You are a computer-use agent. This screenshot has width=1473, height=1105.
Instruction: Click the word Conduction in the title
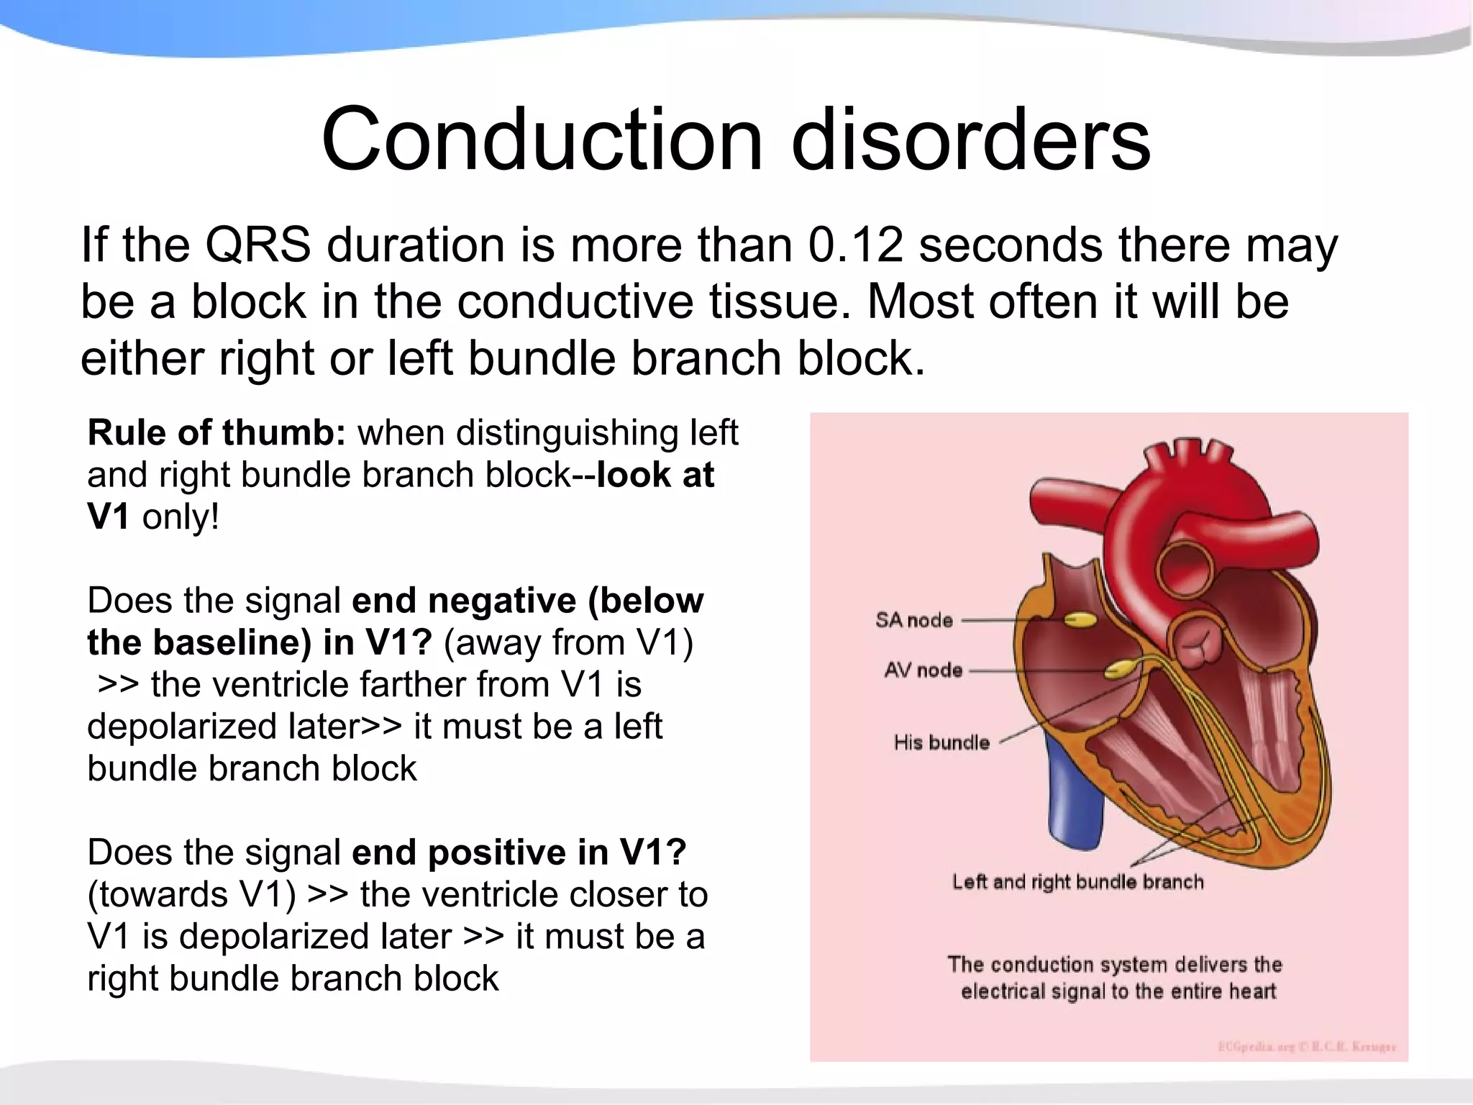point(541,138)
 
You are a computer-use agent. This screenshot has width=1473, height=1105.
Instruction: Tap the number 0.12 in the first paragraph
point(854,245)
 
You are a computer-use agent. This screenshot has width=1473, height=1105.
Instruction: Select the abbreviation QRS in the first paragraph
point(257,245)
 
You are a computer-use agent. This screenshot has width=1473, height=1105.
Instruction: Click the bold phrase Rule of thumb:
point(216,433)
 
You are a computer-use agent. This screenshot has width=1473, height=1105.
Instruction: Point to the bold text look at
point(655,475)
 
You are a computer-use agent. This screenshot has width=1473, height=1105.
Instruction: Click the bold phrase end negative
point(464,601)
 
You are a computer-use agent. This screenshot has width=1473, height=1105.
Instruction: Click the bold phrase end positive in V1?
point(519,852)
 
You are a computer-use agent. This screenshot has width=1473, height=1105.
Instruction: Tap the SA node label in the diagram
point(913,620)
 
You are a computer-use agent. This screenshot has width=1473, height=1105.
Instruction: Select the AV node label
point(923,670)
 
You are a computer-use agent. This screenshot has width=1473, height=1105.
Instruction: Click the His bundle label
point(941,742)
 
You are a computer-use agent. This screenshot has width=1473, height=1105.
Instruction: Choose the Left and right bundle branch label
point(1077,882)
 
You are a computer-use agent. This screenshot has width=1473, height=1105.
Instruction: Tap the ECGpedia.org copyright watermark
point(1306,1047)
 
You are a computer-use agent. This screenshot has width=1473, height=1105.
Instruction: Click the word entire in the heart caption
point(1198,992)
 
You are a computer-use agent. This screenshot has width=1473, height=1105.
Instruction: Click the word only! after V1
point(180,517)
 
